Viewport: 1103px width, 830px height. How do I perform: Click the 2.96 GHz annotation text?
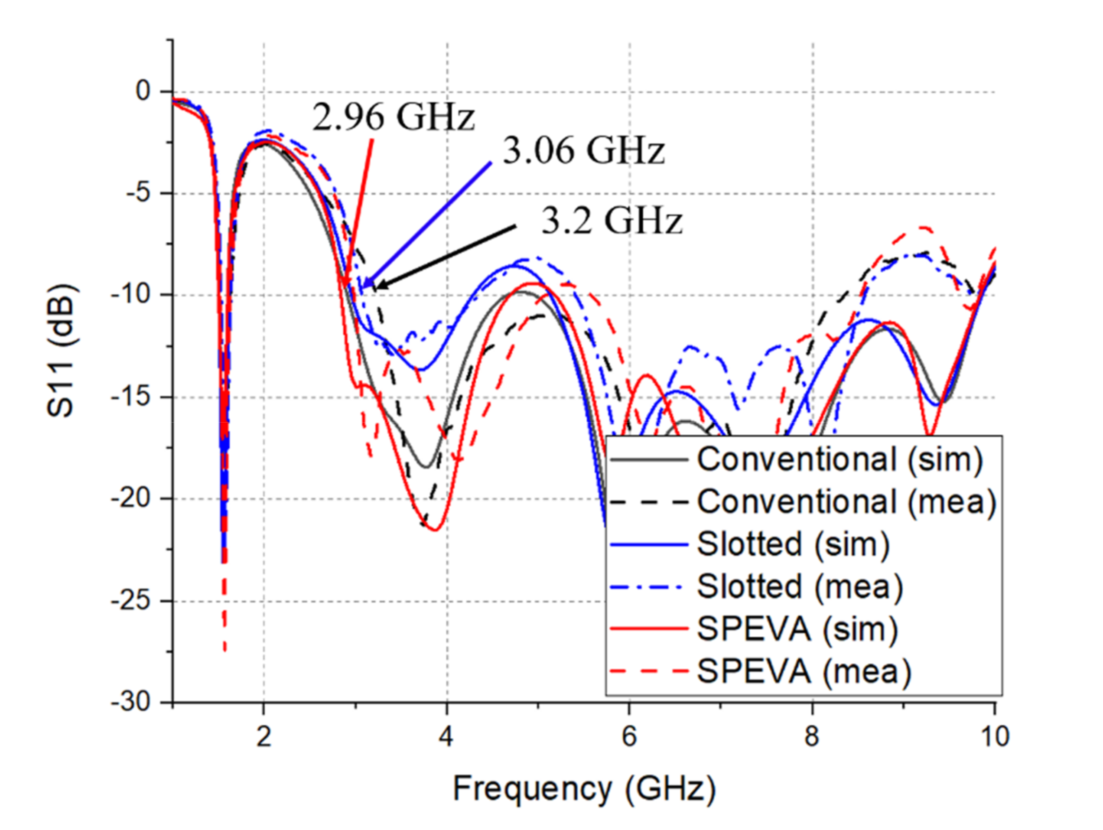(x=394, y=118)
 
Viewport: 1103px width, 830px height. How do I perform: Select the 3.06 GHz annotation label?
(x=583, y=151)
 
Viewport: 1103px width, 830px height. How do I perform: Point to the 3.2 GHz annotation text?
(x=612, y=221)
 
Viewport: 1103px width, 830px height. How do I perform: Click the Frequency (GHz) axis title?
(x=584, y=788)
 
